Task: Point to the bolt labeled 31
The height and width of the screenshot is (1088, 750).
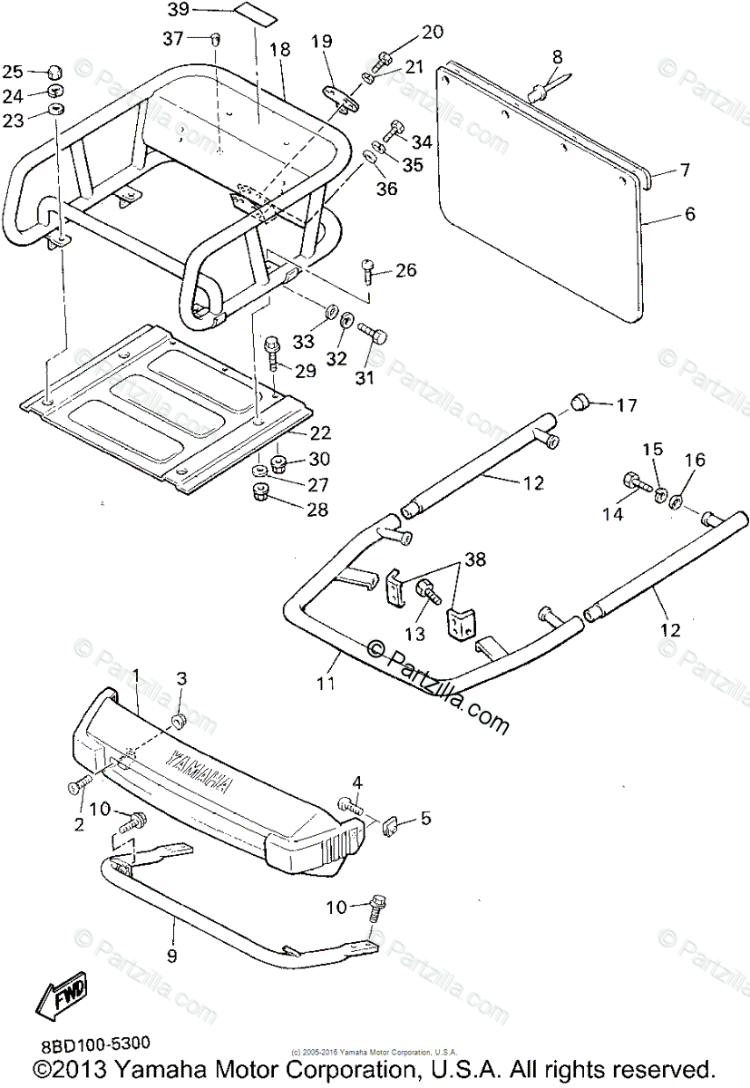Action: (373, 333)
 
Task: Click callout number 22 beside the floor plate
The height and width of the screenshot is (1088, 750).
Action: (320, 433)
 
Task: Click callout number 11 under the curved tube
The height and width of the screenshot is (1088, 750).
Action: (327, 683)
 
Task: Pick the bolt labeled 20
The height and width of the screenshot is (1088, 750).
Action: (384, 56)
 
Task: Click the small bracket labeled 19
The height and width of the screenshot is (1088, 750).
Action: (339, 98)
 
